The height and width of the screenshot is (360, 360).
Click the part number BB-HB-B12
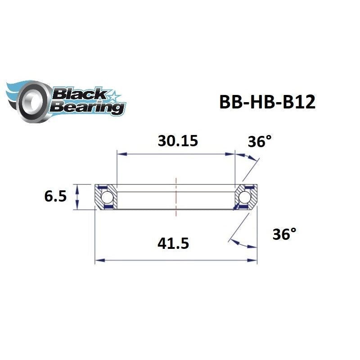click(x=267, y=102)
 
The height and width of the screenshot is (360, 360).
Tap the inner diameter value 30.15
click(x=178, y=141)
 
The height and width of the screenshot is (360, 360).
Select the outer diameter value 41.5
click(x=173, y=243)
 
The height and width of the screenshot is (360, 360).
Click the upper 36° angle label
click(x=260, y=142)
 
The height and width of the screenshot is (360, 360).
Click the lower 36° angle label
click(x=284, y=234)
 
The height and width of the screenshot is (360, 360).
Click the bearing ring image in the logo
click(x=31, y=100)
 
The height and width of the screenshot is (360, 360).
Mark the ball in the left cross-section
click(x=107, y=197)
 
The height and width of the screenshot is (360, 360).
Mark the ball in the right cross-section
click(x=245, y=197)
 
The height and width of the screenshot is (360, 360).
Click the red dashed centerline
click(x=176, y=193)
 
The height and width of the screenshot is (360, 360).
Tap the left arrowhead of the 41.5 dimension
click(x=98, y=260)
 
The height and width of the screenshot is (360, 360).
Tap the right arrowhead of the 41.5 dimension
click(x=254, y=260)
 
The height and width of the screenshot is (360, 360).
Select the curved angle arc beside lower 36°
click(x=243, y=244)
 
